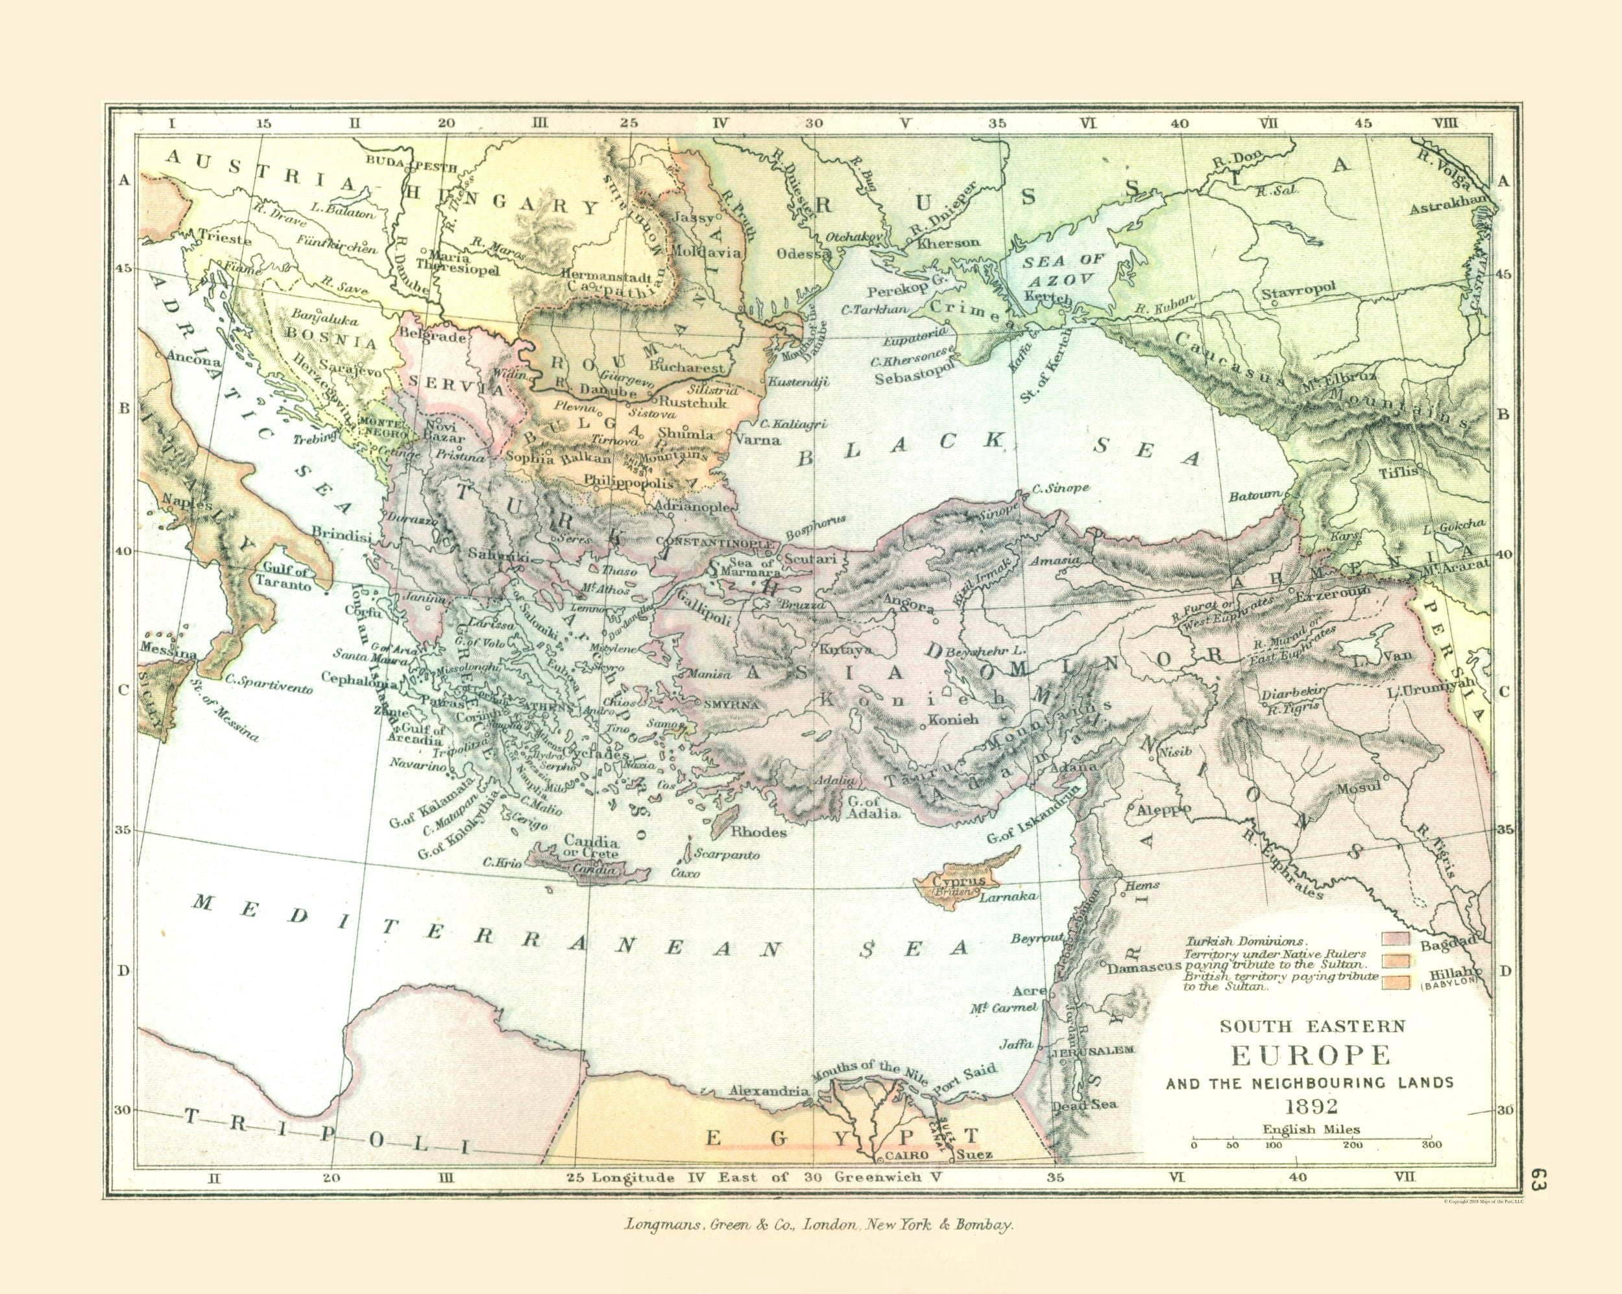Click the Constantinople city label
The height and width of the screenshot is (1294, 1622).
715,542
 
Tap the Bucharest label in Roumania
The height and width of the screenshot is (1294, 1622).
689,368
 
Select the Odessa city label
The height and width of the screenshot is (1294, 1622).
802,254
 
